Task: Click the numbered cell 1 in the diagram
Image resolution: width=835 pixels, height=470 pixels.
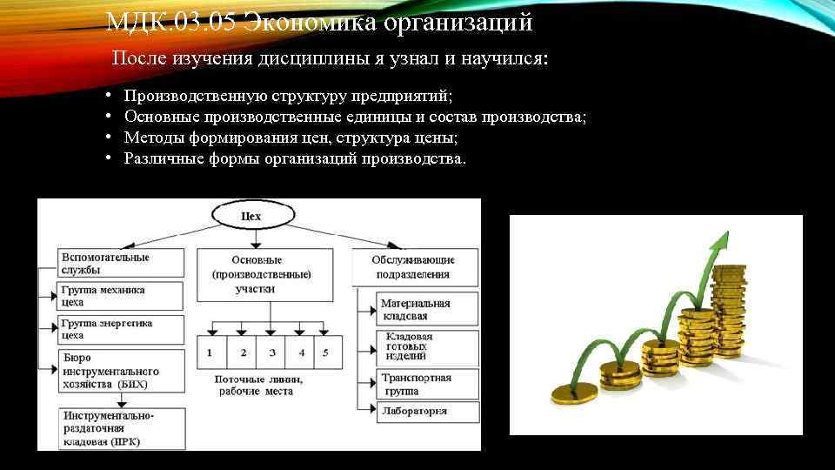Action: [210, 352]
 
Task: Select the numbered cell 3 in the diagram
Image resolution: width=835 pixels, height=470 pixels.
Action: [272, 352]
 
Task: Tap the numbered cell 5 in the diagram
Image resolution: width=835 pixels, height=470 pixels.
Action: [325, 352]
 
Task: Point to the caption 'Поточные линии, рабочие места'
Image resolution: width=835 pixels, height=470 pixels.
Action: [260, 386]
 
